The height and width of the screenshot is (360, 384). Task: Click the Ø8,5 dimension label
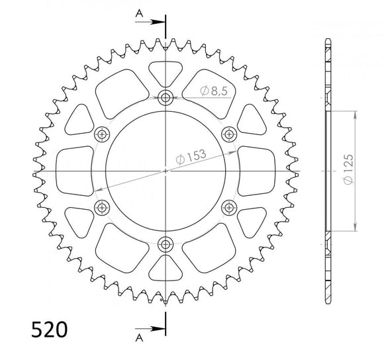214,91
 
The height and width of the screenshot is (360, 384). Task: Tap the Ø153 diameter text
191,157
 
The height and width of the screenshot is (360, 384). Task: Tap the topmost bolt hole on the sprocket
165,97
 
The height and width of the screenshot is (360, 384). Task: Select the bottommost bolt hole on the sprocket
165,246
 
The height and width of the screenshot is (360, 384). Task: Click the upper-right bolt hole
229,134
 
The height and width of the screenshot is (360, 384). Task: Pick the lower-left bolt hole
101,208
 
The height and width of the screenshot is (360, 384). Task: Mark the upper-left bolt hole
101,134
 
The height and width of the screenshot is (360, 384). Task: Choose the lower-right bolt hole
229,208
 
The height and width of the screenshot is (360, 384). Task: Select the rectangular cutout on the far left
73,171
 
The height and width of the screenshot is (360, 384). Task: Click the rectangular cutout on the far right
258,171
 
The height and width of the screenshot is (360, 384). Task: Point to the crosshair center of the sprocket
165,171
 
